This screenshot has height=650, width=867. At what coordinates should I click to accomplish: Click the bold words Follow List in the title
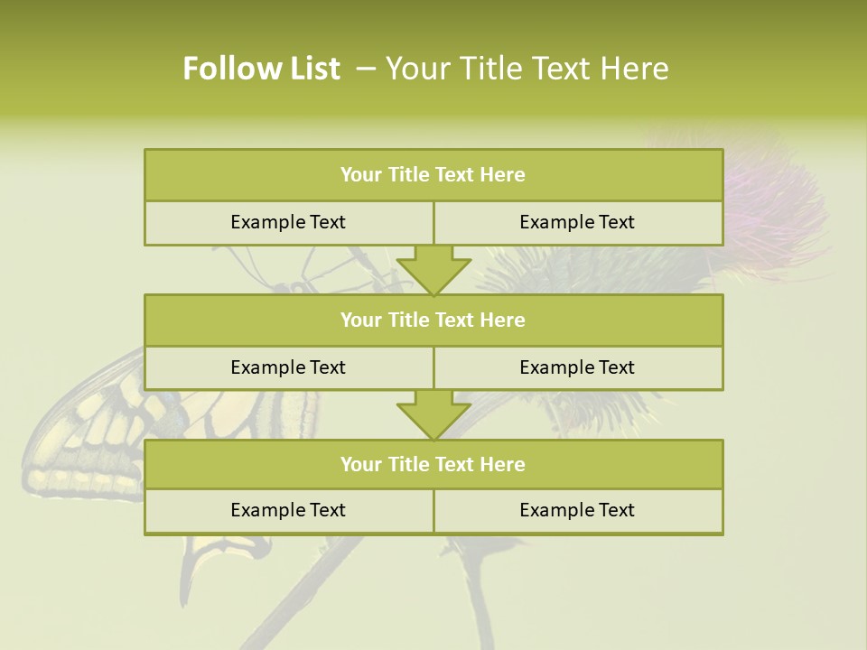coord(262,69)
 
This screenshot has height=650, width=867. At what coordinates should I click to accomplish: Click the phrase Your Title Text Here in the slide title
coord(527,69)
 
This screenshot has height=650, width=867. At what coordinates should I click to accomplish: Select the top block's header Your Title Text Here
coord(433,175)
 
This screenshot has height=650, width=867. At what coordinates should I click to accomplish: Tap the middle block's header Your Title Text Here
coord(433,320)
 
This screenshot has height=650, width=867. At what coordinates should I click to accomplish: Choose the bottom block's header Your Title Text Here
coord(433,464)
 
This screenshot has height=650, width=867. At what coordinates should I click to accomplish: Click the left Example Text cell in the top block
coord(288,222)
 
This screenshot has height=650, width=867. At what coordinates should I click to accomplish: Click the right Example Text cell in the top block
coord(577,222)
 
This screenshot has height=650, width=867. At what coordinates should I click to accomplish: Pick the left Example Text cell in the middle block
coord(288,367)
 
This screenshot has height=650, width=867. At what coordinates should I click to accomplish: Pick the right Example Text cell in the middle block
coord(577,367)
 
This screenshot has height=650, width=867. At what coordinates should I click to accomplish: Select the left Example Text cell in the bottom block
coord(288,510)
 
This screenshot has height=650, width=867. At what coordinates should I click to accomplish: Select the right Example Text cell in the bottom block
coord(577,510)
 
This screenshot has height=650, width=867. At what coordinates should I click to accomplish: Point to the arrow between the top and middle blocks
coord(433,269)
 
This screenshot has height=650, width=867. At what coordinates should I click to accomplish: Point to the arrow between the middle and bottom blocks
coord(433,414)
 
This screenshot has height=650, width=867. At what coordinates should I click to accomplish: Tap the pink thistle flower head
coord(777,199)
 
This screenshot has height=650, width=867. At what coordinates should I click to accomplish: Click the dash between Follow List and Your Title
coord(367,69)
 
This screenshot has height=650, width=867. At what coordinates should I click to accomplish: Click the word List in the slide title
coord(312,69)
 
